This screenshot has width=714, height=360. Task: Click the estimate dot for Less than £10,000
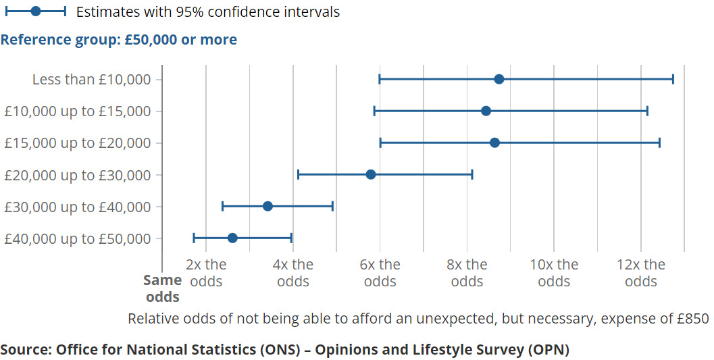499,80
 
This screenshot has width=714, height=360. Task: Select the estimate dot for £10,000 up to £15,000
486,111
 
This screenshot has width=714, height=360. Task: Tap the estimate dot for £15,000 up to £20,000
494,143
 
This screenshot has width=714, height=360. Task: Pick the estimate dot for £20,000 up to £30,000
370,174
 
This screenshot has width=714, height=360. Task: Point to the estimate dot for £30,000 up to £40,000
267,206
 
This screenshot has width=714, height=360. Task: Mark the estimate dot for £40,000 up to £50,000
232,238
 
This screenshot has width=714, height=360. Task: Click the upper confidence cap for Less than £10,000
673,80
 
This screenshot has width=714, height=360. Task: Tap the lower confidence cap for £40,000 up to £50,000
194,238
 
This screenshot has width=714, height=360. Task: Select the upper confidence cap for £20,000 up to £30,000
472,174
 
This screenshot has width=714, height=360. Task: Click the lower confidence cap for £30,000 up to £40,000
222,206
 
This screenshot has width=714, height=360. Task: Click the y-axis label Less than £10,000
92,80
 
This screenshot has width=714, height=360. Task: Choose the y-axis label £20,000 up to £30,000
78,174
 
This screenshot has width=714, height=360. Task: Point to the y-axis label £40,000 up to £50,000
78,238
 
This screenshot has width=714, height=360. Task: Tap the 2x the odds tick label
206,272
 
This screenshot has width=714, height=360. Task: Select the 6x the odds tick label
380,272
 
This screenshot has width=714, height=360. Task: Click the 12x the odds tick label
640,272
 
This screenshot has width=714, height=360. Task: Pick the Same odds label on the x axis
163,288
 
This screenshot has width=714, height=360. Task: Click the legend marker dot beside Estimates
36,11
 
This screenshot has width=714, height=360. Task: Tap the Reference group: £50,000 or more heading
119,40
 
